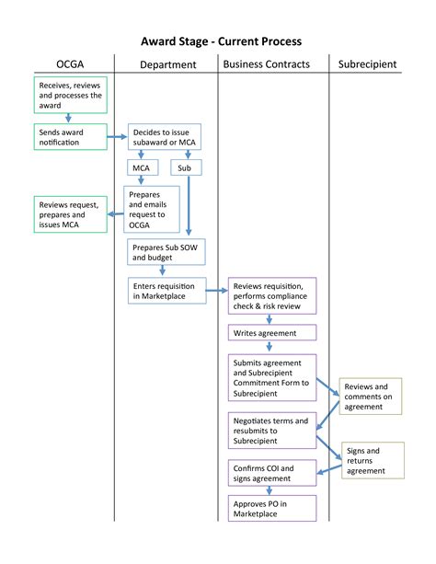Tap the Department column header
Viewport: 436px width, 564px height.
point(167,64)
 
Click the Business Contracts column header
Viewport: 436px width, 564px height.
point(266,64)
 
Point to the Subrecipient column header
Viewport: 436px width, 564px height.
point(367,64)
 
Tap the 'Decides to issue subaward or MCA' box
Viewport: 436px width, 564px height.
point(164,137)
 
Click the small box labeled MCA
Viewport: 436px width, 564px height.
point(142,168)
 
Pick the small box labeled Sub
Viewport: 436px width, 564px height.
point(185,168)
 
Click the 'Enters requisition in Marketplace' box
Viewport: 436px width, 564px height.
point(166,291)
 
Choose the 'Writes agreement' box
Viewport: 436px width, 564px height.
point(271,332)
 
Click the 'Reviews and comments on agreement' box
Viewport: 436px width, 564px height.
point(370,396)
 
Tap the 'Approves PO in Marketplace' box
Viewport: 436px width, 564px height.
point(271,508)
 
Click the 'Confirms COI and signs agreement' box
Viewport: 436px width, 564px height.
point(271,472)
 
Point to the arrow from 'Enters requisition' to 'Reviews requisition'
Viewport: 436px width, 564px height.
point(216,291)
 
